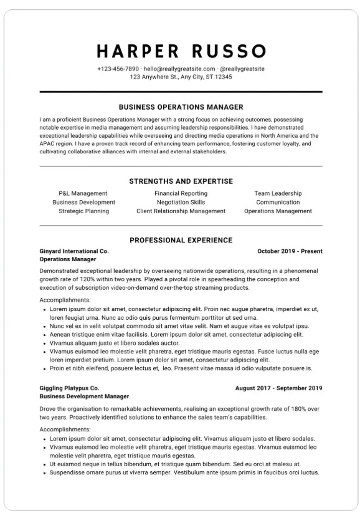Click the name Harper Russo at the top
tap(181, 50)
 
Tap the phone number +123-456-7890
tap(118, 69)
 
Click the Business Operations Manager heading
tap(181, 107)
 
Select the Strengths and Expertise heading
tap(181, 181)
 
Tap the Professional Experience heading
tap(181, 240)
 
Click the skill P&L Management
tap(83, 193)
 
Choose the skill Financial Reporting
tap(181, 193)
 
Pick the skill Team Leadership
tap(278, 193)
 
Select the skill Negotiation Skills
tap(181, 202)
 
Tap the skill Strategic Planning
tap(83, 211)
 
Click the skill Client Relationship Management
tap(181, 211)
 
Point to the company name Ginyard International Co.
tap(73, 251)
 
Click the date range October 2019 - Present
tap(290, 251)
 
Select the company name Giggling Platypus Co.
tap(69, 388)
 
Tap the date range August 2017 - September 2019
tap(278, 388)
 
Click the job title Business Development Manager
tap(84, 396)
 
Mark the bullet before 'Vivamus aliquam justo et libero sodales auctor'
tap(44, 343)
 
